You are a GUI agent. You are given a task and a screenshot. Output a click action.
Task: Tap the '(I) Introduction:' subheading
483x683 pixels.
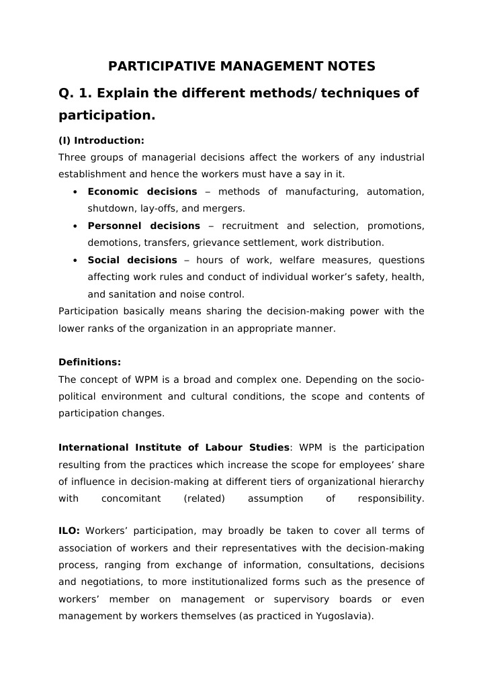(x=101, y=140)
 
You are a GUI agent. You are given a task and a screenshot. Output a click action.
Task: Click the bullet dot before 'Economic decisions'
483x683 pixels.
(x=74, y=192)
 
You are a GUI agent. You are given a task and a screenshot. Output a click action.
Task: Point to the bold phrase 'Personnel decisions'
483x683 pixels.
(x=144, y=226)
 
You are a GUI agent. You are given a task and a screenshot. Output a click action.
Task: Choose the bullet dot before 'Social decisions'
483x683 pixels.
(x=74, y=261)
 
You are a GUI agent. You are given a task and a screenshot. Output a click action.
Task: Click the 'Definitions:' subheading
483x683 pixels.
(x=89, y=362)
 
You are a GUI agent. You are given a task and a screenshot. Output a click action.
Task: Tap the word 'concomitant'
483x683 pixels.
(x=131, y=498)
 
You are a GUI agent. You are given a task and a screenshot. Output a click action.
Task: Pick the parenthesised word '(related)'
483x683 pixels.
(x=204, y=498)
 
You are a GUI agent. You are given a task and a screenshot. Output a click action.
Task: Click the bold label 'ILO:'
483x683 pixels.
(x=69, y=531)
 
